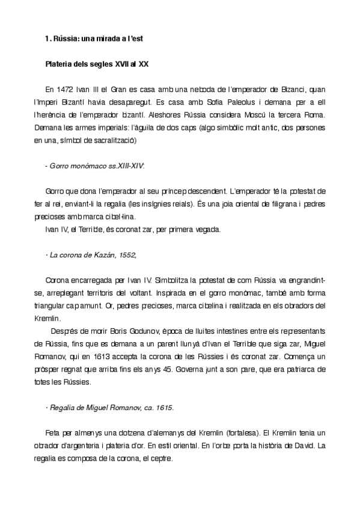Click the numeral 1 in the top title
pyautogui.click(x=47, y=38)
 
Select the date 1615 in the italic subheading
pyautogui.click(x=163, y=408)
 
